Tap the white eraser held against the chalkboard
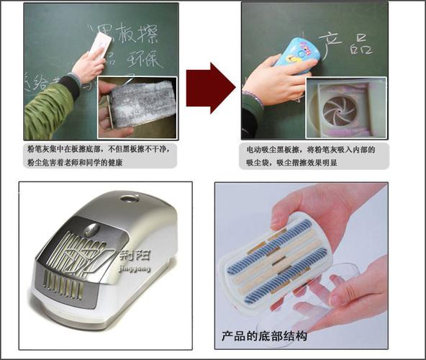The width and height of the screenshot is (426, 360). click(101, 45)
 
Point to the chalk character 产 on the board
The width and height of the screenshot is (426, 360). click(330, 44)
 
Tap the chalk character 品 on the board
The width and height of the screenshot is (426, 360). click(360, 44)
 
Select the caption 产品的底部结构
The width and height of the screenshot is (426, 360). click(265, 336)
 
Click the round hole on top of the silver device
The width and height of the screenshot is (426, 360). click(130, 197)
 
